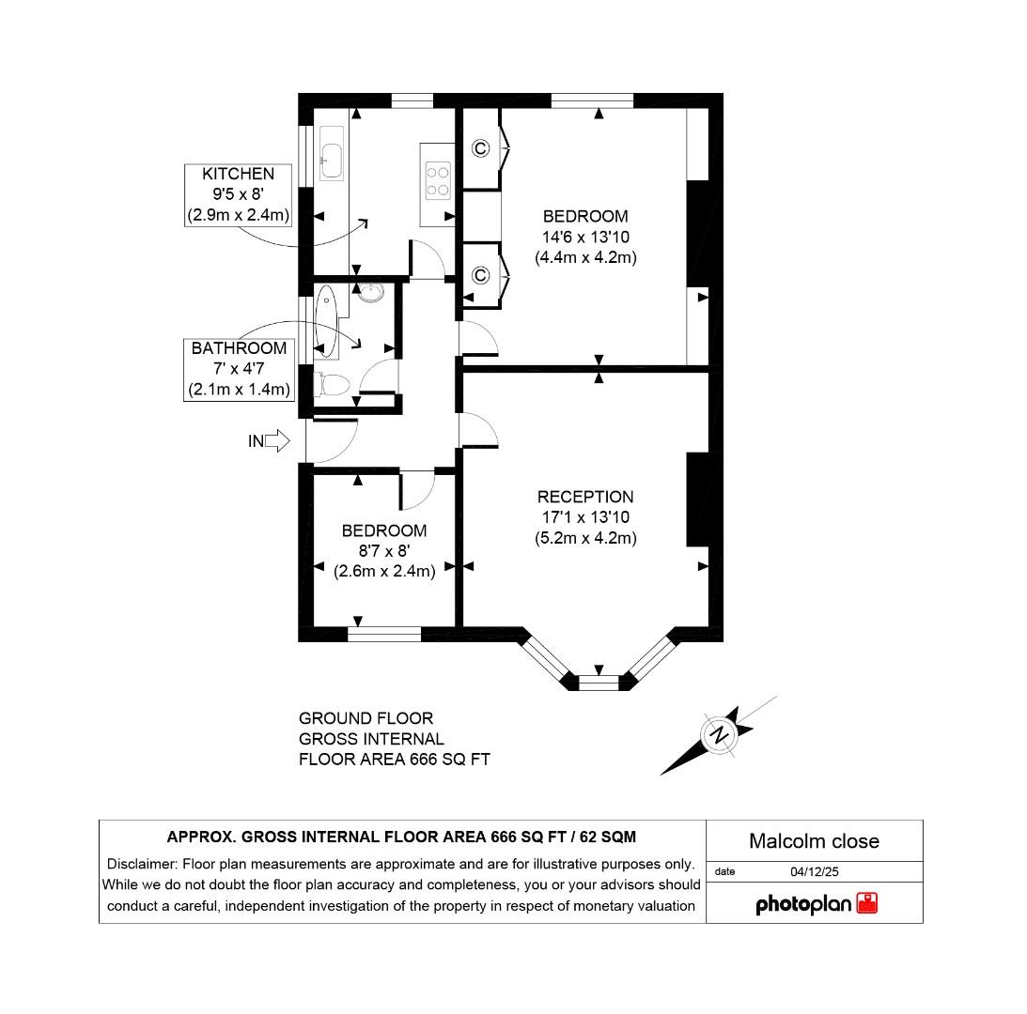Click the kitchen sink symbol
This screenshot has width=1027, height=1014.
coord(332,160)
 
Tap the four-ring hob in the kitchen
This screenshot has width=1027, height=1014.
coord(438,179)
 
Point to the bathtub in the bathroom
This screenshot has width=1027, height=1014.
coord(326,321)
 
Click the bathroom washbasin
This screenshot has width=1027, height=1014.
coord(373,293)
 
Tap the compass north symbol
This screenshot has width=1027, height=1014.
coord(720,734)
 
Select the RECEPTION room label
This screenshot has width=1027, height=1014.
coord(585,497)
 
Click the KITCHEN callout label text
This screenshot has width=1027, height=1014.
coord(238,174)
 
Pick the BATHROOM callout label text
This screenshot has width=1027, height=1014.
coord(239,348)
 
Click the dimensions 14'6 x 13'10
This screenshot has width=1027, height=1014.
coord(585,237)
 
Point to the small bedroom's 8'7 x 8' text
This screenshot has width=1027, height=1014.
coord(384,550)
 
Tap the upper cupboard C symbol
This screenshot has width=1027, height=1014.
coord(480,148)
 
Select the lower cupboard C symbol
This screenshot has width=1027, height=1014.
coord(480,275)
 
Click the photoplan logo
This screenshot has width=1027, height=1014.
coord(816,904)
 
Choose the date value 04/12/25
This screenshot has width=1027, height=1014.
coord(814,871)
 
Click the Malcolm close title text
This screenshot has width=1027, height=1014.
coord(814,841)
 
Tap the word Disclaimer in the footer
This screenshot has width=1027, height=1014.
coord(141,864)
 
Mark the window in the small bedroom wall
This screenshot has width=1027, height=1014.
coord(384,635)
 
